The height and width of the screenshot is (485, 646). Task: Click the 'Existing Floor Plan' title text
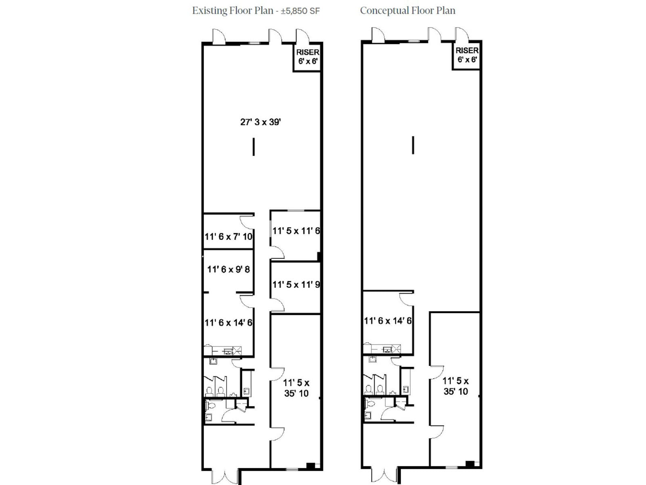[233, 11]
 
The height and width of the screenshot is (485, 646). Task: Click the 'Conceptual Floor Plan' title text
[407, 11]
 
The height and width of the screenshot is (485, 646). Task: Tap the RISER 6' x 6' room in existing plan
[308, 57]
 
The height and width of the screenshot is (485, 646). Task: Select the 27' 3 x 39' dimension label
[260, 122]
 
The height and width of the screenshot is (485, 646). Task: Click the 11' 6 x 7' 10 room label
[229, 236]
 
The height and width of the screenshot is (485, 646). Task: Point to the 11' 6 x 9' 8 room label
[229, 269]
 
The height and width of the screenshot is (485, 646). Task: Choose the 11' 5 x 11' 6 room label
[296, 231]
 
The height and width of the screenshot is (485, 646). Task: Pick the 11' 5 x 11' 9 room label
[296, 285]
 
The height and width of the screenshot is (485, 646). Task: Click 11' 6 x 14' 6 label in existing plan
[229, 323]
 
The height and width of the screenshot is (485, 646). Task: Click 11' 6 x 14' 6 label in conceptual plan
[388, 321]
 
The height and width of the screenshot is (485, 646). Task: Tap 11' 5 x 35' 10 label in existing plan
[296, 388]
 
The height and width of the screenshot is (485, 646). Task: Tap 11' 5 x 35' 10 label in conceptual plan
[455, 386]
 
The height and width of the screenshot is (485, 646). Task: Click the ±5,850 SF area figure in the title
[300, 11]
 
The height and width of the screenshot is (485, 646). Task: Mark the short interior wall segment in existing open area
[254, 147]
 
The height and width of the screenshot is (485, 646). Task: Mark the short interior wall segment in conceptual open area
[413, 145]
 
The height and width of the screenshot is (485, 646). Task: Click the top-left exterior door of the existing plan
[218, 36]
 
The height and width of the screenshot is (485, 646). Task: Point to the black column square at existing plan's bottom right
[310, 466]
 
